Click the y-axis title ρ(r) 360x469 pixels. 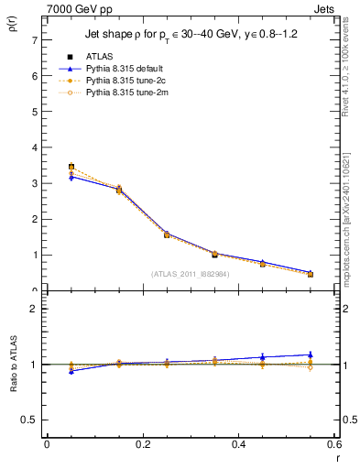click(x=13, y=30)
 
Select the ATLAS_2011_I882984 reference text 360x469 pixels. click(x=191, y=273)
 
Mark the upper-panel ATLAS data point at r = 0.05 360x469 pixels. click(x=71, y=168)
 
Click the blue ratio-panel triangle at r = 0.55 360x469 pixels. click(x=310, y=354)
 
